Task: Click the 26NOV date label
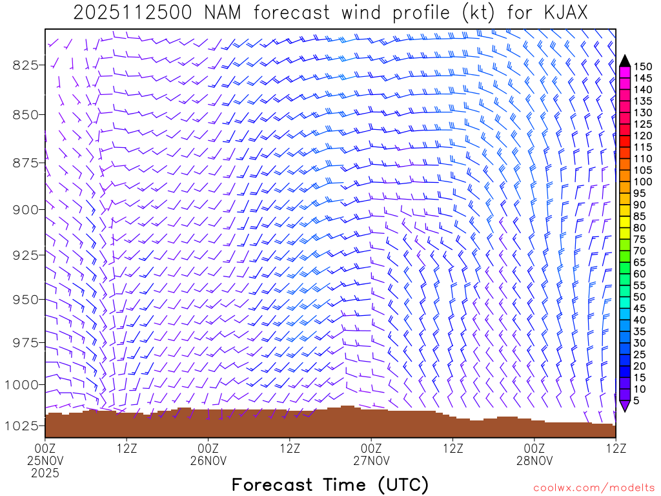pyautogui.click(x=208, y=460)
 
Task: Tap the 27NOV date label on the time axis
pyautogui.click(x=371, y=460)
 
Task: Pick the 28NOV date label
pyautogui.click(x=534, y=460)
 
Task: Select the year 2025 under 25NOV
pyautogui.click(x=45, y=473)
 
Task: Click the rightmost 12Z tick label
pyautogui.click(x=615, y=448)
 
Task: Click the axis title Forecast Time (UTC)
pyautogui.click(x=330, y=484)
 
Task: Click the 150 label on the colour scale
pyautogui.click(x=643, y=67)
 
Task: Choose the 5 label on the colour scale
pyautogui.click(x=636, y=401)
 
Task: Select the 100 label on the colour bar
pyautogui.click(x=643, y=181)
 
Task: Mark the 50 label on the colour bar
pyautogui.click(x=640, y=297)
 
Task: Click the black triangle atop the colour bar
pyautogui.click(x=625, y=61)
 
